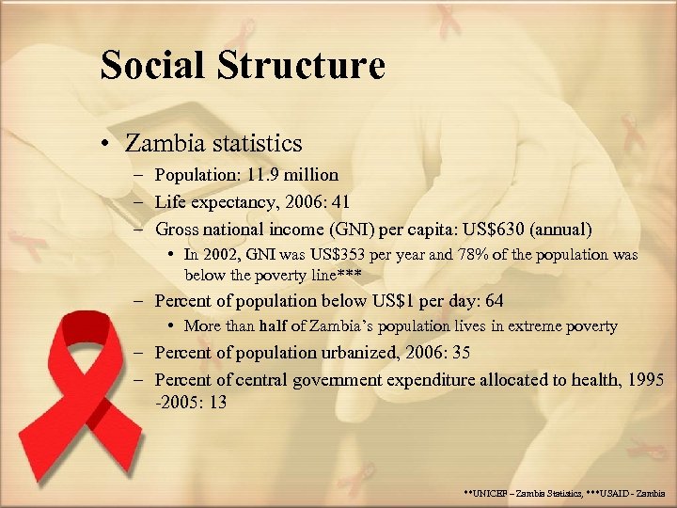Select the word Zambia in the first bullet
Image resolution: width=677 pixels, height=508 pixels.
click(165, 143)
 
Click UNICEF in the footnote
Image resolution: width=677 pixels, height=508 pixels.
click(494, 493)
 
